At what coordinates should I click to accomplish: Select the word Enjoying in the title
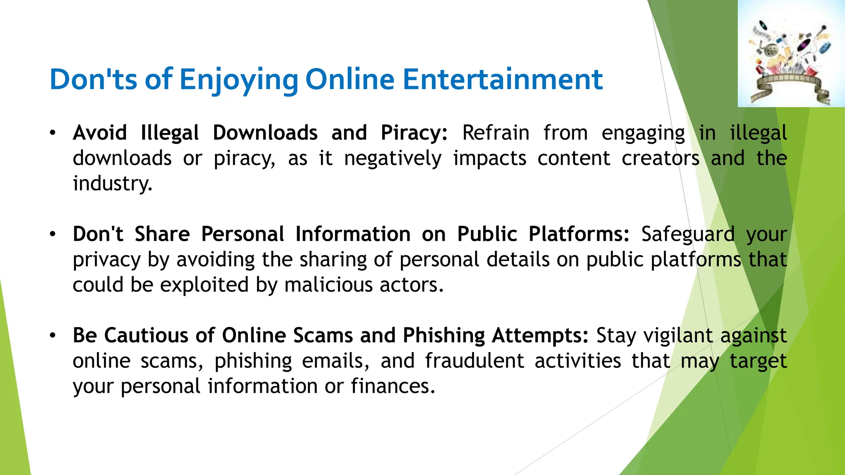point(238,80)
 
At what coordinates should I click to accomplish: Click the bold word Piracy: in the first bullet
point(414,133)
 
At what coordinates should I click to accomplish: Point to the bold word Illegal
point(170,133)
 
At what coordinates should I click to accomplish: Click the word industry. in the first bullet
point(113,184)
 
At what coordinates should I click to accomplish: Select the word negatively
point(393,159)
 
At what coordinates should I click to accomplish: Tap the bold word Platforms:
point(579,234)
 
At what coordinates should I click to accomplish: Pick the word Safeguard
point(688,235)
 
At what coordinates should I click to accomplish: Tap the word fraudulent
point(474,361)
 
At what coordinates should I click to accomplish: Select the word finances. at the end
point(393,386)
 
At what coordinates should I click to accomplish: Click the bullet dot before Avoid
point(52,133)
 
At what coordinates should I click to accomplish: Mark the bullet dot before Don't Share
point(52,234)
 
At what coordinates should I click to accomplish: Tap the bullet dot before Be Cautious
point(52,336)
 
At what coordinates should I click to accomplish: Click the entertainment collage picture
point(791,54)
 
